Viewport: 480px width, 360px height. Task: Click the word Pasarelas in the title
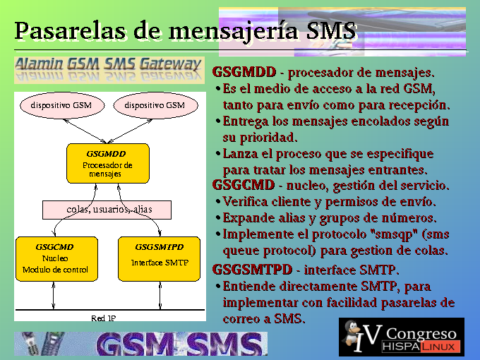[70, 31]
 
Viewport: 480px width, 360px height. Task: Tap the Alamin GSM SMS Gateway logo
[109, 70]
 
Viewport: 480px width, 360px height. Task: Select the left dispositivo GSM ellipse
[62, 105]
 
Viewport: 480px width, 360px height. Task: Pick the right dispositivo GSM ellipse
[155, 105]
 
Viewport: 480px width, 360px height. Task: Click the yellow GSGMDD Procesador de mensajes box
[108, 164]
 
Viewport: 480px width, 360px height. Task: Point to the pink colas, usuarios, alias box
[107, 210]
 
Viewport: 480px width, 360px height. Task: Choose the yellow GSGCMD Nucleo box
[57, 259]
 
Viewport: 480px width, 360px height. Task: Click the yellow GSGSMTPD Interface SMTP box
[160, 259]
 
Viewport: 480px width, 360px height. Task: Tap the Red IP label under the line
[104, 318]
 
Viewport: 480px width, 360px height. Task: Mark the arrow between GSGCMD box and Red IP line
[54, 296]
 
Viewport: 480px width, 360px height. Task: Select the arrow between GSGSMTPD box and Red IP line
[160, 296]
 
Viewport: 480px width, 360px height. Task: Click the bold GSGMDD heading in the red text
[244, 72]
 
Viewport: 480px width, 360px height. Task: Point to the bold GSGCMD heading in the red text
[244, 185]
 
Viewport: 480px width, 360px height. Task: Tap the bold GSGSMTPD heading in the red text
[252, 270]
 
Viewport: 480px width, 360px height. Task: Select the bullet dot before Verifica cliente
[218, 202]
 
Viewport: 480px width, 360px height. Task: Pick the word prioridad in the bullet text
[268, 138]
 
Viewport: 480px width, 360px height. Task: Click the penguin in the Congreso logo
[353, 333]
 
